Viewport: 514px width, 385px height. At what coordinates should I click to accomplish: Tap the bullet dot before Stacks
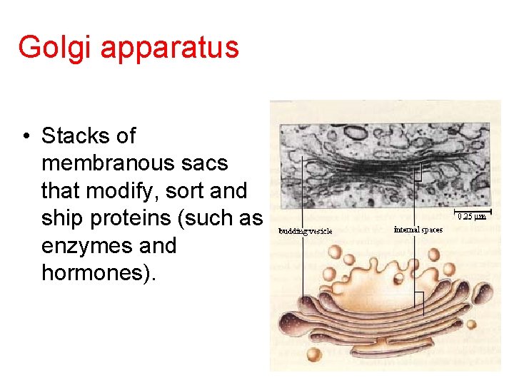point(26,136)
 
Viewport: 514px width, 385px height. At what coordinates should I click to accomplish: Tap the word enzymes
point(85,246)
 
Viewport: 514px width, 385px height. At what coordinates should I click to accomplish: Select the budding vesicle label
point(306,231)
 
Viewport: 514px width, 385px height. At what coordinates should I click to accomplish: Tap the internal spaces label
point(418,230)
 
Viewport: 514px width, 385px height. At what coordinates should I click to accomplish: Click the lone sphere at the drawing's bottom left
point(312,356)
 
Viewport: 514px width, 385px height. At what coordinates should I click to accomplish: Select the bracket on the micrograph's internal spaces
point(421,172)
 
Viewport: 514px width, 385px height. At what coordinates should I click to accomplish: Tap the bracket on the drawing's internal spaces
point(420,302)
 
